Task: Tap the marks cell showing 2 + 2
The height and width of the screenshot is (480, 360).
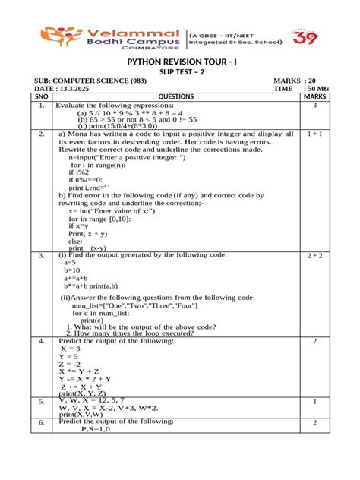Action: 315,257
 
